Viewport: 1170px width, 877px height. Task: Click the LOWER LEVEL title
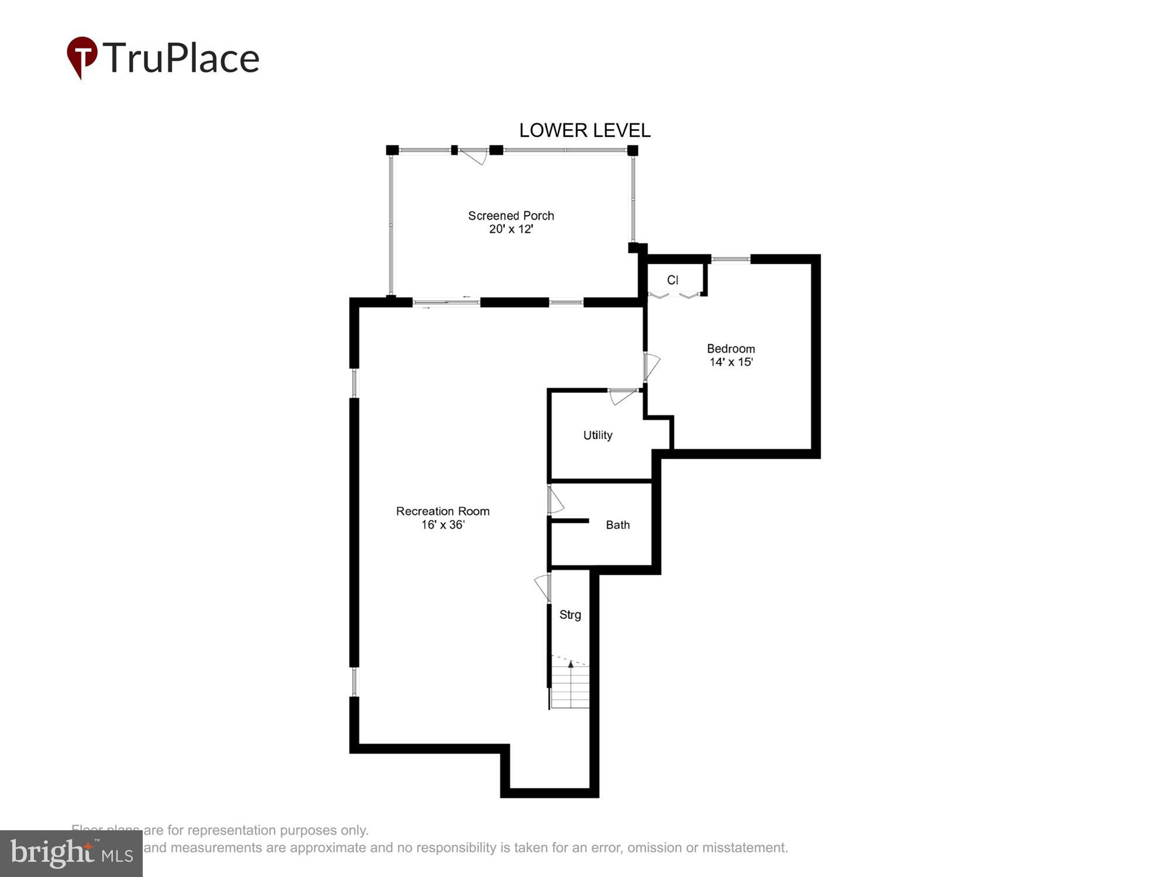click(584, 130)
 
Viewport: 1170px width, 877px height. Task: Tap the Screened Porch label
click(511, 216)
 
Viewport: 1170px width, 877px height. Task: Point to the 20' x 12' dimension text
click(511, 229)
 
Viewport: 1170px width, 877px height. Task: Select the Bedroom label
click(731, 348)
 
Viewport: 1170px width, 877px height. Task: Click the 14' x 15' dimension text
click(731, 362)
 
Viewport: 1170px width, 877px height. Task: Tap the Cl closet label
click(673, 280)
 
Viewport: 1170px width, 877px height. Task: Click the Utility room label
click(597, 435)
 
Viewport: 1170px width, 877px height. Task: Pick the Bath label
click(618, 525)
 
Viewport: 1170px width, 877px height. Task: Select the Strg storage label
click(570, 614)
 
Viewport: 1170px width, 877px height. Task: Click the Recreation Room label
click(442, 511)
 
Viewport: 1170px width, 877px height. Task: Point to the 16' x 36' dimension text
click(442, 525)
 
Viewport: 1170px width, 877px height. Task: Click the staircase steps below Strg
click(570, 690)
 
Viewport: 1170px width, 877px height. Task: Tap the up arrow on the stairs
click(571, 665)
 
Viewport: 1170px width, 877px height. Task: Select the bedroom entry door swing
click(651, 366)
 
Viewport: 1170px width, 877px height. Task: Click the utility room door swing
click(622, 396)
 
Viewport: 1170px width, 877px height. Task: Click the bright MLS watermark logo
click(71, 853)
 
